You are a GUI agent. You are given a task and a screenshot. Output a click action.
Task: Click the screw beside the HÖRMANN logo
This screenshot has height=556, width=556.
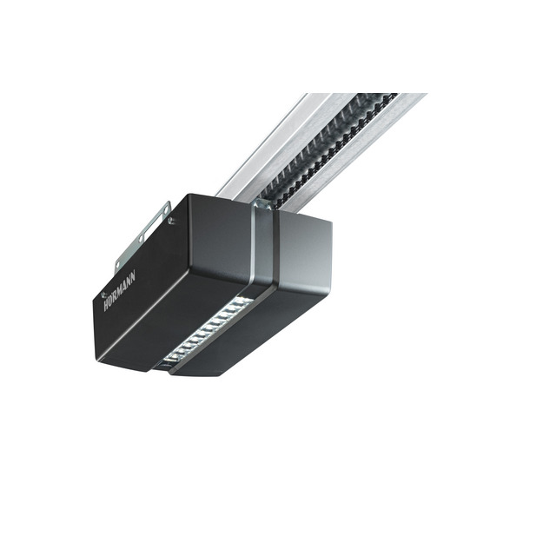103,295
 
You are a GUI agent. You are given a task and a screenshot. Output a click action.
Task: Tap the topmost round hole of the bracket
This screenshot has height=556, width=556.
165,208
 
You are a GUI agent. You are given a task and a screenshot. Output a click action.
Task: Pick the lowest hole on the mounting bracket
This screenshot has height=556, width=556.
117,264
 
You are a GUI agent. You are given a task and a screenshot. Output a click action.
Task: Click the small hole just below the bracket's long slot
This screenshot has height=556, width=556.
142,237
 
